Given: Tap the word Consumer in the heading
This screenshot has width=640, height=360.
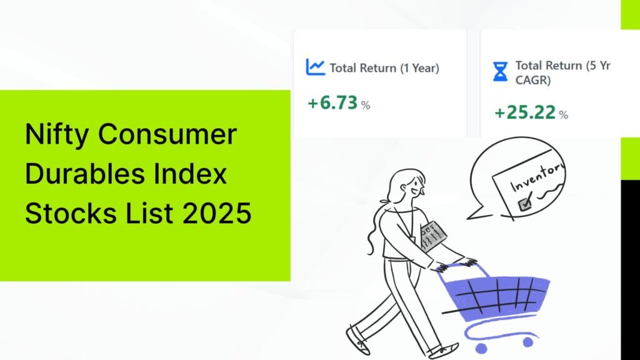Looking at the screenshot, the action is pos(167,134).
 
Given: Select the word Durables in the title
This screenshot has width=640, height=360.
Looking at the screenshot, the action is pos(85,174).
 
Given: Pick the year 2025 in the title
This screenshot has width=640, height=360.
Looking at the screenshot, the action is pos(216,213).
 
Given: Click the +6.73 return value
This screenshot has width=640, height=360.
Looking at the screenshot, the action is pos(333,103).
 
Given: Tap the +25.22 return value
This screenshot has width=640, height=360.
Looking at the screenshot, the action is pos(525,112).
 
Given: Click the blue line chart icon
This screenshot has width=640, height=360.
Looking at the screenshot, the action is pos(315,67).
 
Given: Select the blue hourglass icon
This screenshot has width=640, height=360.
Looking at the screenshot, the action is pos(500,71).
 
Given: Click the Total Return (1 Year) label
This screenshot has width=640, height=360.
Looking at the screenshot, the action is pos(384,67).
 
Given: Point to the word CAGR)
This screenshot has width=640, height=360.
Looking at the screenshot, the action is pos(532,80).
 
